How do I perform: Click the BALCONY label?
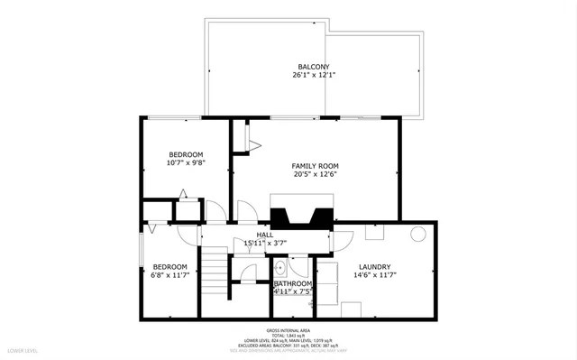[x=313, y=67]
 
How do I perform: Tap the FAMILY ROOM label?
[x=315, y=166]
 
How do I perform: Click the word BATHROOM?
[x=293, y=284]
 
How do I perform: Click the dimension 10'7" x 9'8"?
[x=186, y=163]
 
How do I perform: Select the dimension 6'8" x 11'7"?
[x=169, y=275]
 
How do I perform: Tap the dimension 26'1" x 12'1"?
[x=313, y=76]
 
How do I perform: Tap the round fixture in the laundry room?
[x=418, y=234]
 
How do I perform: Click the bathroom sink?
[x=279, y=267]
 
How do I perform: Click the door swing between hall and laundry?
[x=341, y=240]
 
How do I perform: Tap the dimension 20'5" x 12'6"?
[x=315, y=175]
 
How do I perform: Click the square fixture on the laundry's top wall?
[x=374, y=231]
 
